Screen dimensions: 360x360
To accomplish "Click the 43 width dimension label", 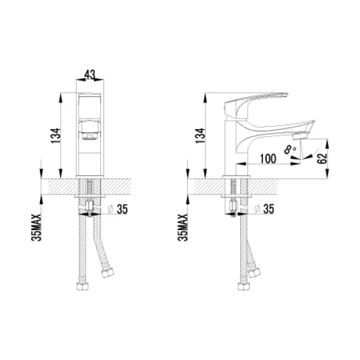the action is click(x=90, y=74).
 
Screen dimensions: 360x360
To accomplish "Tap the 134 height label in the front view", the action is click(x=56, y=136).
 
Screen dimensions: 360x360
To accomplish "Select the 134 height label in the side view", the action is click(x=200, y=136).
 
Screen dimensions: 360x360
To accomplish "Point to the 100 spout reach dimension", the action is click(x=268, y=158).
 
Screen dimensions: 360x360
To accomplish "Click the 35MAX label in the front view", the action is click(x=36, y=228).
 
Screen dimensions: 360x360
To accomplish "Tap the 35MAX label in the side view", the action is click(x=183, y=228).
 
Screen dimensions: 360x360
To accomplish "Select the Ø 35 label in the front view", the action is click(x=118, y=209).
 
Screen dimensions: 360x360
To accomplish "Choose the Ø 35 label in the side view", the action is click(x=264, y=209).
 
